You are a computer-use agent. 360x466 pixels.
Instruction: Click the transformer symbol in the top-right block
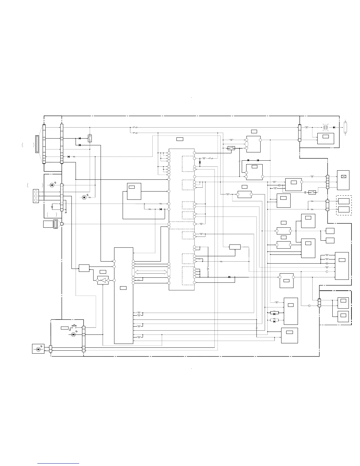[326, 127]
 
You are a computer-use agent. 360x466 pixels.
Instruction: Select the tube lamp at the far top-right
[345, 127]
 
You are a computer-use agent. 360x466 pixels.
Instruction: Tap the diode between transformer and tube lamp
[334, 127]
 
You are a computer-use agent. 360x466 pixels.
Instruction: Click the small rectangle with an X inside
[343, 176]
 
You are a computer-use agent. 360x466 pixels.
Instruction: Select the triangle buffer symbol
[103, 280]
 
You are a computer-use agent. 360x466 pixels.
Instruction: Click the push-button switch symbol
[74, 326]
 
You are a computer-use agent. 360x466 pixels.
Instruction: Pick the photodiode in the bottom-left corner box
[38, 349]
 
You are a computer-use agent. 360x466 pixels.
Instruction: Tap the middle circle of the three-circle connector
[36, 196]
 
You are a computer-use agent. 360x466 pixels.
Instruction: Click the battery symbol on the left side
[52, 206]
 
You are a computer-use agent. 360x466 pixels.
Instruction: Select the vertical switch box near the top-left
[89, 138]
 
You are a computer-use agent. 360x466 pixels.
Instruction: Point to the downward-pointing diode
[200, 162]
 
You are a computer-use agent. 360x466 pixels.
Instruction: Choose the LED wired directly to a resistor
[85, 197]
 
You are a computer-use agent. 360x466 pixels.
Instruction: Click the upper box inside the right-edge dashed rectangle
[344, 201]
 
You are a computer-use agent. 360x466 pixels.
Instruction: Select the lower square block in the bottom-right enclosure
[343, 315]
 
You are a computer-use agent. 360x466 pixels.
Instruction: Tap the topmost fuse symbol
[135, 128]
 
